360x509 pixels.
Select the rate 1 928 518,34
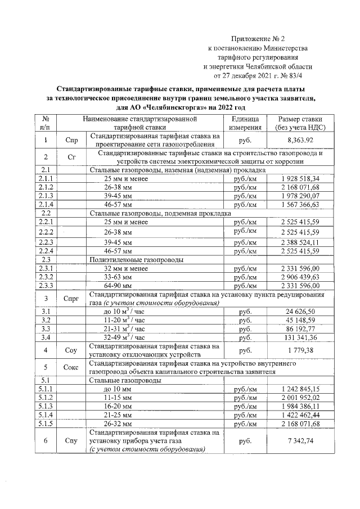pos(300,178)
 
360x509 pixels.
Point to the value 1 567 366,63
pos(300,204)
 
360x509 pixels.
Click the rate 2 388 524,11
pos(300,242)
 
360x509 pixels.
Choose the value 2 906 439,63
pos(300,277)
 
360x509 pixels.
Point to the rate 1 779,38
pos(304,351)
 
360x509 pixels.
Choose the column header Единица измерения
pos(245,124)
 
